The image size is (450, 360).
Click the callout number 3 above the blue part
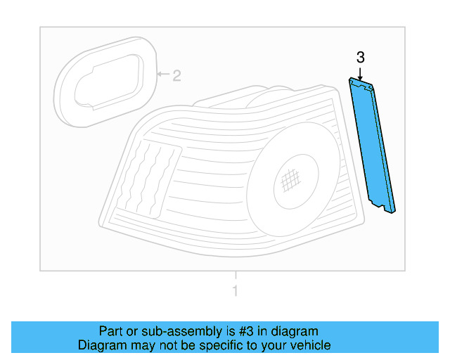360,57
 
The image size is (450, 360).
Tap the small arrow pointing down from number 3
360,72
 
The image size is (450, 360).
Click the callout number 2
176,75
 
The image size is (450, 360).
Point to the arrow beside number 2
162,74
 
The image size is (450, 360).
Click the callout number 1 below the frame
236,291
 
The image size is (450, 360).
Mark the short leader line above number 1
236,276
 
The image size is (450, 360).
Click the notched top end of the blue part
361,84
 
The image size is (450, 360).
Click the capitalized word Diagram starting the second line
101,345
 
